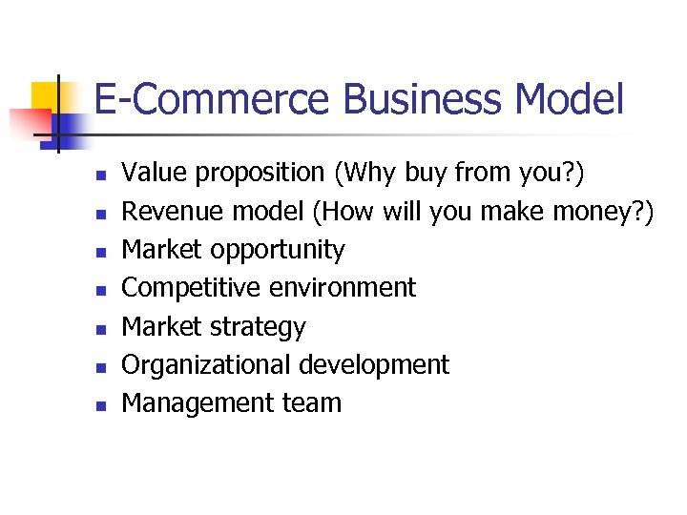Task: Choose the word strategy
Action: pos(259,327)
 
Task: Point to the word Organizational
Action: pos(207,365)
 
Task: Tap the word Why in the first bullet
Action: pos(366,174)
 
